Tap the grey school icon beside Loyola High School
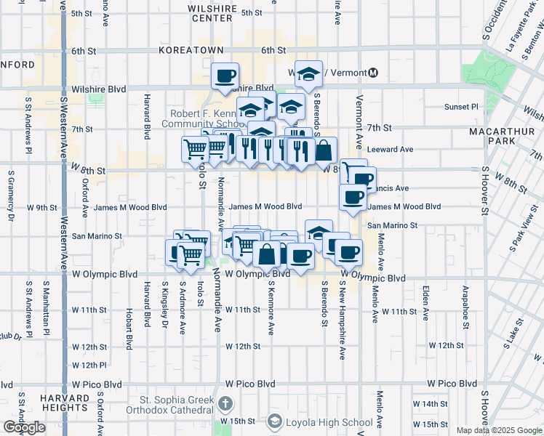click(x=275, y=421)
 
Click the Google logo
click(x=24, y=427)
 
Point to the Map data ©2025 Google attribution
click(x=499, y=430)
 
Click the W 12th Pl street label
click(x=89, y=365)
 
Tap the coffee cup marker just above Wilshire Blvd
click(x=225, y=75)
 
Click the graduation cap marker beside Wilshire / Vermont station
click(x=309, y=73)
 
